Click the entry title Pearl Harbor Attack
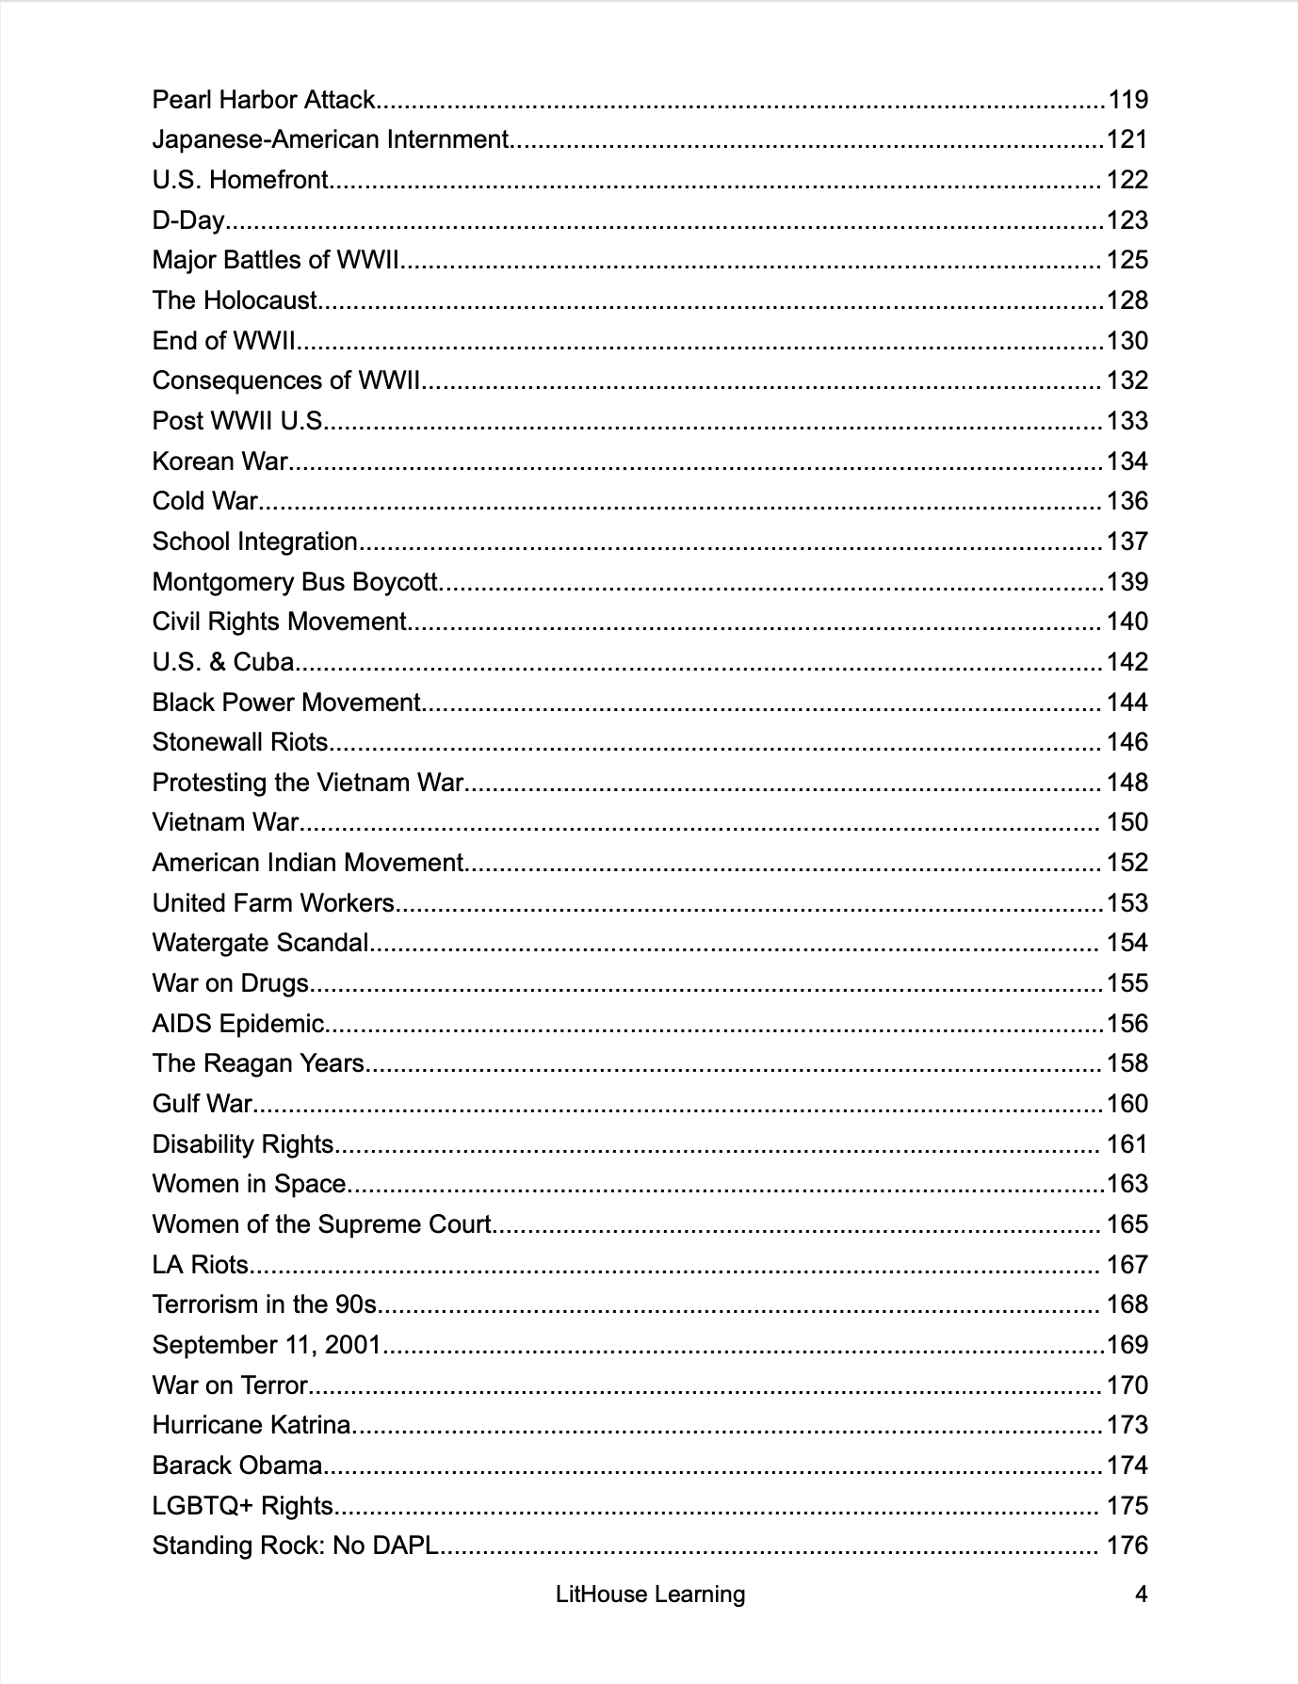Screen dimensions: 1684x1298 click(x=264, y=100)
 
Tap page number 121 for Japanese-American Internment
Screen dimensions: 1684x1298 click(x=1128, y=140)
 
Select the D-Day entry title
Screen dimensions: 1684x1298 click(x=188, y=220)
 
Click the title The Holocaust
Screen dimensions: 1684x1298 click(x=235, y=300)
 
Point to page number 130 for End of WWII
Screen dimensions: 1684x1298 click(x=1128, y=341)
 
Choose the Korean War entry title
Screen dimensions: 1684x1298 click(x=219, y=461)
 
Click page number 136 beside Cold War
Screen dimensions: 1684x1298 click(x=1128, y=501)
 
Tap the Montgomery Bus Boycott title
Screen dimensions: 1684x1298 click(x=295, y=582)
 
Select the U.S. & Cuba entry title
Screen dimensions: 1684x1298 click(x=223, y=662)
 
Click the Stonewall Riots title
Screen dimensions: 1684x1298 click(x=240, y=742)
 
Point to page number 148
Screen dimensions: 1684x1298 click(x=1128, y=783)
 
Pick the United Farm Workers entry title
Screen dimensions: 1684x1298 click(x=273, y=903)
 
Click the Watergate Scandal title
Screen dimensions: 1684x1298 click(x=260, y=943)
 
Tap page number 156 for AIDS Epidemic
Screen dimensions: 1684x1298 click(x=1128, y=1024)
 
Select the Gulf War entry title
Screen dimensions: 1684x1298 click(x=203, y=1104)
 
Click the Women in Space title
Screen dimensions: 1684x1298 click(x=250, y=1184)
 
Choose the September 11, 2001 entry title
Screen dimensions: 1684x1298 click(x=267, y=1345)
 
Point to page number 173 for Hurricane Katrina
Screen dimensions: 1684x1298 click(x=1128, y=1425)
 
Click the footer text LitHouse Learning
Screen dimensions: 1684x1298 click(x=650, y=1595)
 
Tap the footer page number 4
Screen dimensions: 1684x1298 click(x=1141, y=1595)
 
